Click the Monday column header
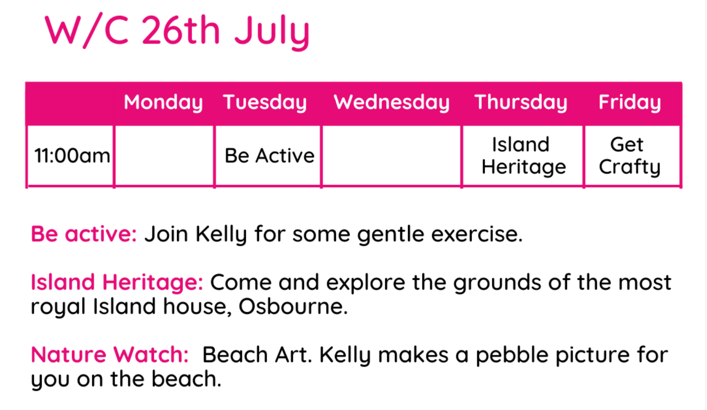tap(163, 102)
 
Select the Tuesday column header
tap(265, 102)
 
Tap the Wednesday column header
tap(391, 102)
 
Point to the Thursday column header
tap(521, 102)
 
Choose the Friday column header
tap(630, 102)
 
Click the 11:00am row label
tap(72, 156)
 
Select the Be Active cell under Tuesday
tap(269, 156)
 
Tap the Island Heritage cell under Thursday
tap(523, 156)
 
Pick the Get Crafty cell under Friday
tap(630, 156)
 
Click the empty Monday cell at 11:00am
tap(164, 156)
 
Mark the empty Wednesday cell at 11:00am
tap(391, 156)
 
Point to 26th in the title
tap(180, 30)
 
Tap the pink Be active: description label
tap(83, 234)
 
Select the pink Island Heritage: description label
tap(117, 282)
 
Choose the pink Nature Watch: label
tap(109, 354)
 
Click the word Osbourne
tap(293, 306)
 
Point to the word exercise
tap(477, 234)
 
